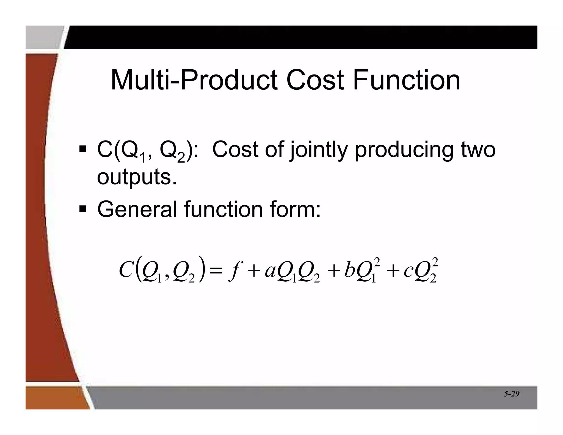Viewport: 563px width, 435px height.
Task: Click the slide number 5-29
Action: (512, 394)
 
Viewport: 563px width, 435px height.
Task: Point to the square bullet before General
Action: (82, 209)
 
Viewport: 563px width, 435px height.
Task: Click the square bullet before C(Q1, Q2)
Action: (82, 149)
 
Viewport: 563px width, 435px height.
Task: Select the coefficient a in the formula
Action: (270, 271)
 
